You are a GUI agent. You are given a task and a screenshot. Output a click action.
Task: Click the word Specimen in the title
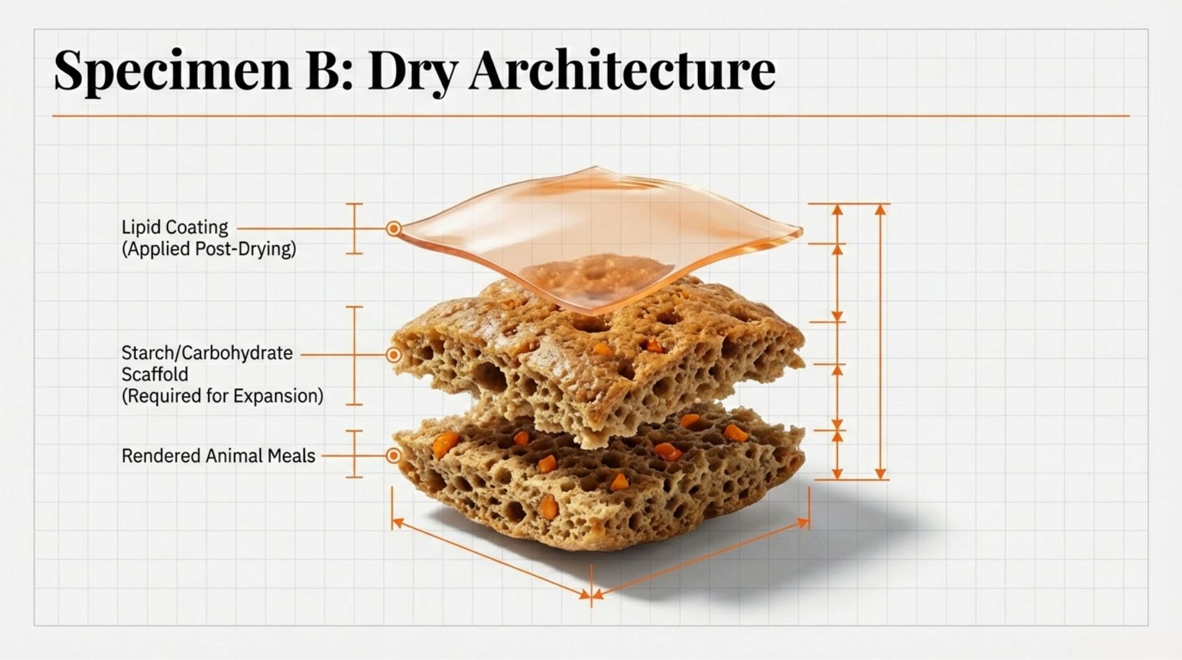click(x=173, y=70)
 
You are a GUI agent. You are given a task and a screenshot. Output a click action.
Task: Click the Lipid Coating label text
click(x=175, y=228)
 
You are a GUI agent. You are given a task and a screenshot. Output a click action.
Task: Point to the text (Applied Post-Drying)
click(x=209, y=249)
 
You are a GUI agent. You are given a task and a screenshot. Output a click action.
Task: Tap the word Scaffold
click(x=155, y=374)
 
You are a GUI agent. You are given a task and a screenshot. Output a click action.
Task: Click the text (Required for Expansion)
click(x=222, y=396)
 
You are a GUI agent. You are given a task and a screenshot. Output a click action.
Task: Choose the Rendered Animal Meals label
click(x=218, y=456)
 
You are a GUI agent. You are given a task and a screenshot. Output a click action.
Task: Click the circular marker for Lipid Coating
click(x=394, y=229)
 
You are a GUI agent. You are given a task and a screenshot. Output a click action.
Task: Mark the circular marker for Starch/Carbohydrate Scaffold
click(x=394, y=354)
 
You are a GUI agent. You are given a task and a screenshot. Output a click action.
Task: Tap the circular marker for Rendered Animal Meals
click(x=394, y=456)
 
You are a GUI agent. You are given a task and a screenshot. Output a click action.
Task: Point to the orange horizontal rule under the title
click(x=591, y=116)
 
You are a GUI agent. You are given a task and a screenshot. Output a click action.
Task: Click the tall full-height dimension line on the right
click(x=880, y=342)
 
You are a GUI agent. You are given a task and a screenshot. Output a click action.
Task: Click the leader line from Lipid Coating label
click(x=312, y=228)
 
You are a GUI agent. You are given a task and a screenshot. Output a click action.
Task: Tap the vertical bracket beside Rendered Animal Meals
click(x=354, y=454)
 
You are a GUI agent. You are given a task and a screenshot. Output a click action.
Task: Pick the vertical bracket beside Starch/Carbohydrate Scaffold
click(x=354, y=356)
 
